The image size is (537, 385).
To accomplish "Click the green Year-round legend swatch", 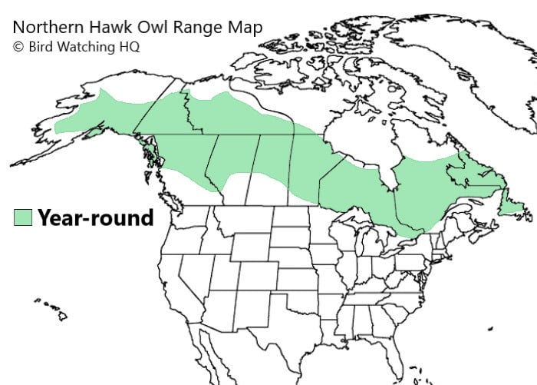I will click(23, 217).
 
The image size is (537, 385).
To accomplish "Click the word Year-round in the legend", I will click(96, 217).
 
